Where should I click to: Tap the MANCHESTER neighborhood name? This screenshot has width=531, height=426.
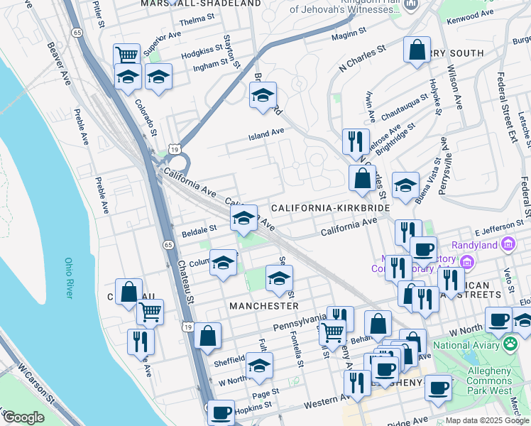pyautogui.click(x=263, y=305)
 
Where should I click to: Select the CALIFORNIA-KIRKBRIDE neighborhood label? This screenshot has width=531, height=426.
pyautogui.click(x=331, y=208)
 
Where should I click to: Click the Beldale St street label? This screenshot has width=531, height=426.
pyautogui.click(x=199, y=230)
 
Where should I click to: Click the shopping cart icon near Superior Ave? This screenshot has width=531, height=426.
pyautogui.click(x=126, y=54)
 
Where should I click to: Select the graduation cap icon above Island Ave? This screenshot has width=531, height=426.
pyautogui.click(x=263, y=94)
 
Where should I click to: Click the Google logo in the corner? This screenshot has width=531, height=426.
pyautogui.click(x=23, y=417)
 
